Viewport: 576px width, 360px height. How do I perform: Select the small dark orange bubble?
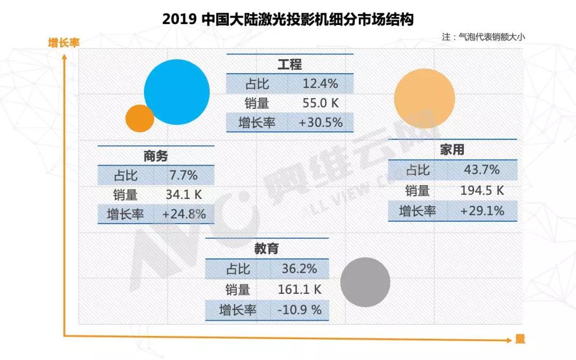(140, 118)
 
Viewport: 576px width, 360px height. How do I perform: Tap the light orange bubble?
(425, 98)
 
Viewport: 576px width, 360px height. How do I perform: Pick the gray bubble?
(365, 282)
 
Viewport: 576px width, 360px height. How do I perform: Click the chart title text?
(288, 19)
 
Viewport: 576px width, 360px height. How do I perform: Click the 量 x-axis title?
(520, 339)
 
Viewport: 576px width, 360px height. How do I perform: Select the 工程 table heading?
(290, 65)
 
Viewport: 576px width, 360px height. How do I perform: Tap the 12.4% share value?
(321, 84)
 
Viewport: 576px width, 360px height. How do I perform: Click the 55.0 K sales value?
(321, 103)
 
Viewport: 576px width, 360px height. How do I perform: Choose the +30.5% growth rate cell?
(321, 123)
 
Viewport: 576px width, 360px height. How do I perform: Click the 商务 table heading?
(155, 156)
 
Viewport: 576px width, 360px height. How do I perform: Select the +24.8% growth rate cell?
(183, 214)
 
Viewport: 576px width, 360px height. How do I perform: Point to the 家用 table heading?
(452, 150)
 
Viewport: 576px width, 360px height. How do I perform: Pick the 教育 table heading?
(267, 249)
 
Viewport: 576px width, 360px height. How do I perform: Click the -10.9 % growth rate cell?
(298, 310)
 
